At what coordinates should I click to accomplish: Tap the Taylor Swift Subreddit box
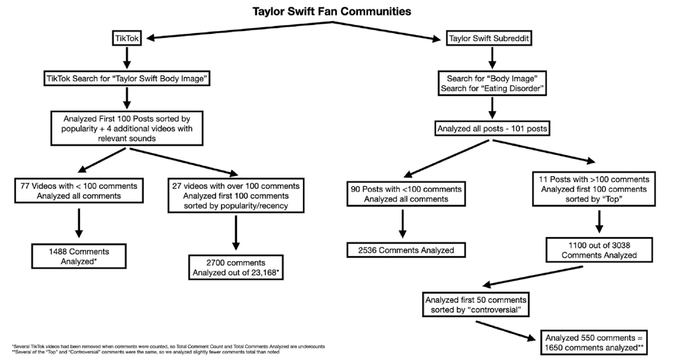487,38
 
